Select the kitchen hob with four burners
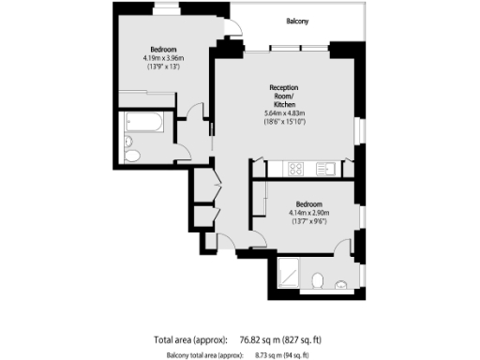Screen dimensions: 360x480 tap(294, 169)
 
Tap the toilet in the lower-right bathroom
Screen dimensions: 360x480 tap(320, 278)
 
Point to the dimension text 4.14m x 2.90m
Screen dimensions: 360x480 tap(309, 214)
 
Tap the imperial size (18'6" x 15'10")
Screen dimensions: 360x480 tap(285, 122)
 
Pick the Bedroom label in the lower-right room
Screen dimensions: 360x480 tap(309, 204)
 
